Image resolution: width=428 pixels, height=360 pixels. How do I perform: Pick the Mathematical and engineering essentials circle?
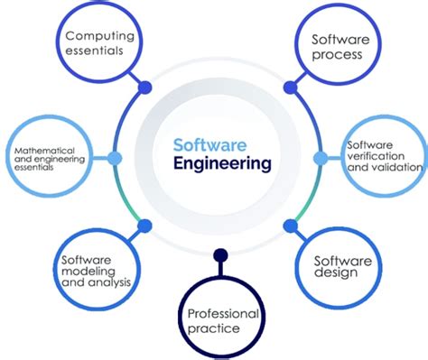click(x=51, y=157)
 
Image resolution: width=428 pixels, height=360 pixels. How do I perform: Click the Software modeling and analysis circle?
click(x=96, y=269)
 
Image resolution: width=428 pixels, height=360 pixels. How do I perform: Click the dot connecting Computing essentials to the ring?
click(x=145, y=88)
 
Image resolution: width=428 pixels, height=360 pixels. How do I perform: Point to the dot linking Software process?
click(x=290, y=88)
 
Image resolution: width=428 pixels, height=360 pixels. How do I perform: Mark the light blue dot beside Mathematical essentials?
click(x=114, y=158)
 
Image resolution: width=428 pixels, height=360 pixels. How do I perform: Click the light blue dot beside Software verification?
click(x=319, y=158)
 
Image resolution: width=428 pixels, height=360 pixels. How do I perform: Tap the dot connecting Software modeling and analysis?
click(x=145, y=224)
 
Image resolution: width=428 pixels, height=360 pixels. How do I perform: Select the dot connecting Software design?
click(x=290, y=224)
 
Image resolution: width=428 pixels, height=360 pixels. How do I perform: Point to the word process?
click(x=337, y=55)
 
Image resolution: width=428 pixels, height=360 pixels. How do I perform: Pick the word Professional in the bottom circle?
click(x=223, y=312)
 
